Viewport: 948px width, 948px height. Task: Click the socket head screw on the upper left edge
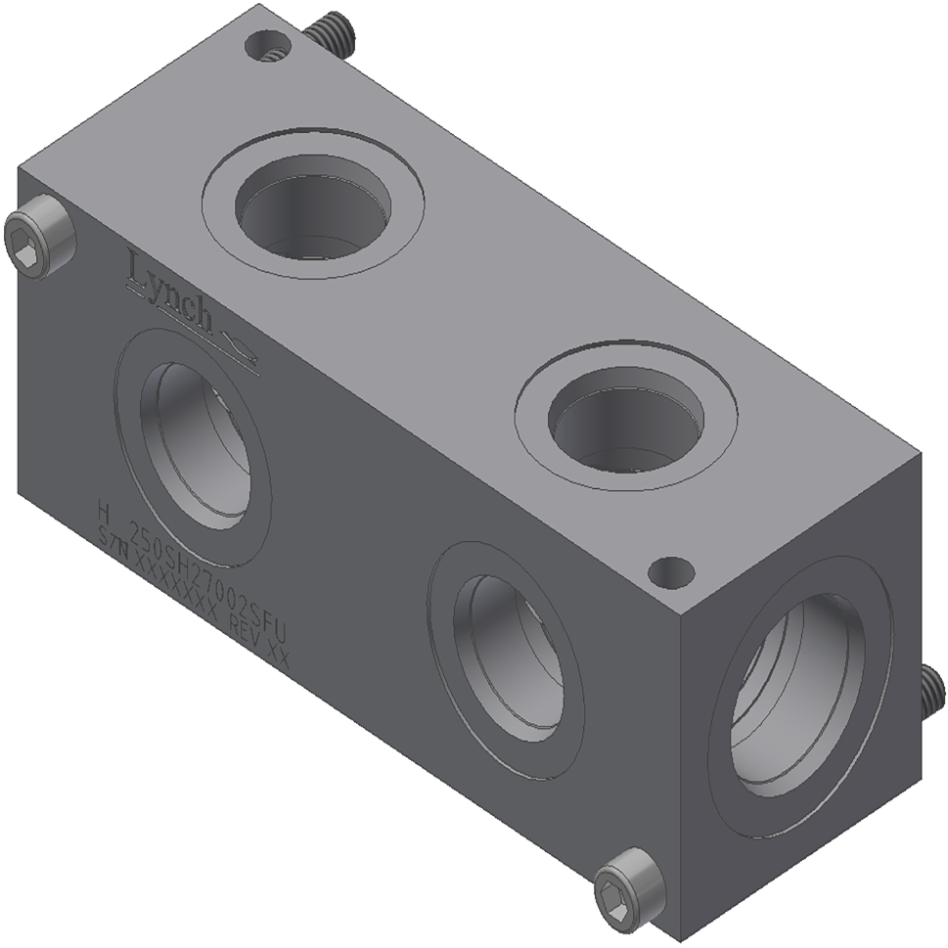[39, 236]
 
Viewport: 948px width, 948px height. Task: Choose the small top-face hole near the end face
[671, 571]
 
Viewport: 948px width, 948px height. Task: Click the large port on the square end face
[797, 696]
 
